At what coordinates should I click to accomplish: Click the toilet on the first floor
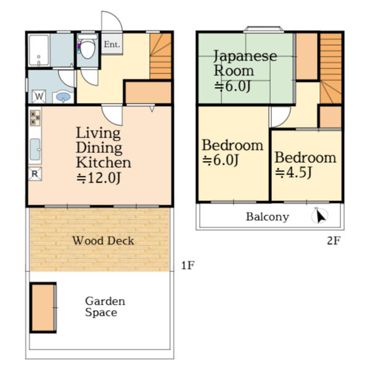point(87,49)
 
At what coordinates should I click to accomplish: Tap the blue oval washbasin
point(63,97)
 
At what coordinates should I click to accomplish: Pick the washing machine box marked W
point(38,96)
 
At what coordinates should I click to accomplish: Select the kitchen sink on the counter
point(35,149)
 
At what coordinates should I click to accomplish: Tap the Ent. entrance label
point(112,44)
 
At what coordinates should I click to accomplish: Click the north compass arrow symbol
point(320,216)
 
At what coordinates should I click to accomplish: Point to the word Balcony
point(267,217)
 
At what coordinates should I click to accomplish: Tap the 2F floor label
point(333,241)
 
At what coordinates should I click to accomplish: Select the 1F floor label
point(188,266)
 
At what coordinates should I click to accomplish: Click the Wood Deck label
point(103,240)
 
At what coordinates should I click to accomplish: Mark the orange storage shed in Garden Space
point(43,308)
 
